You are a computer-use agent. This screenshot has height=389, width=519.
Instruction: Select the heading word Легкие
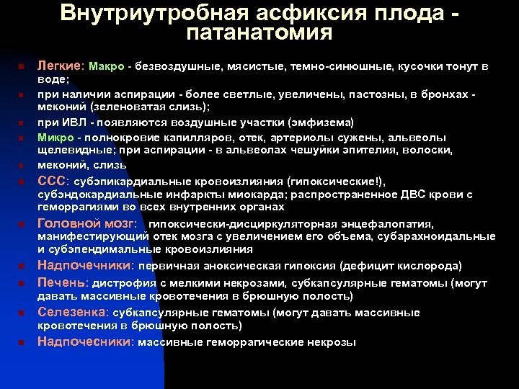pyautogui.click(x=61, y=66)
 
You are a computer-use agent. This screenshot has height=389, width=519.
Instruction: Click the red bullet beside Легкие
pyautogui.click(x=22, y=67)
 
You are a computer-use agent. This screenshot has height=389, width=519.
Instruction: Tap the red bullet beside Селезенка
pyautogui.click(x=22, y=313)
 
